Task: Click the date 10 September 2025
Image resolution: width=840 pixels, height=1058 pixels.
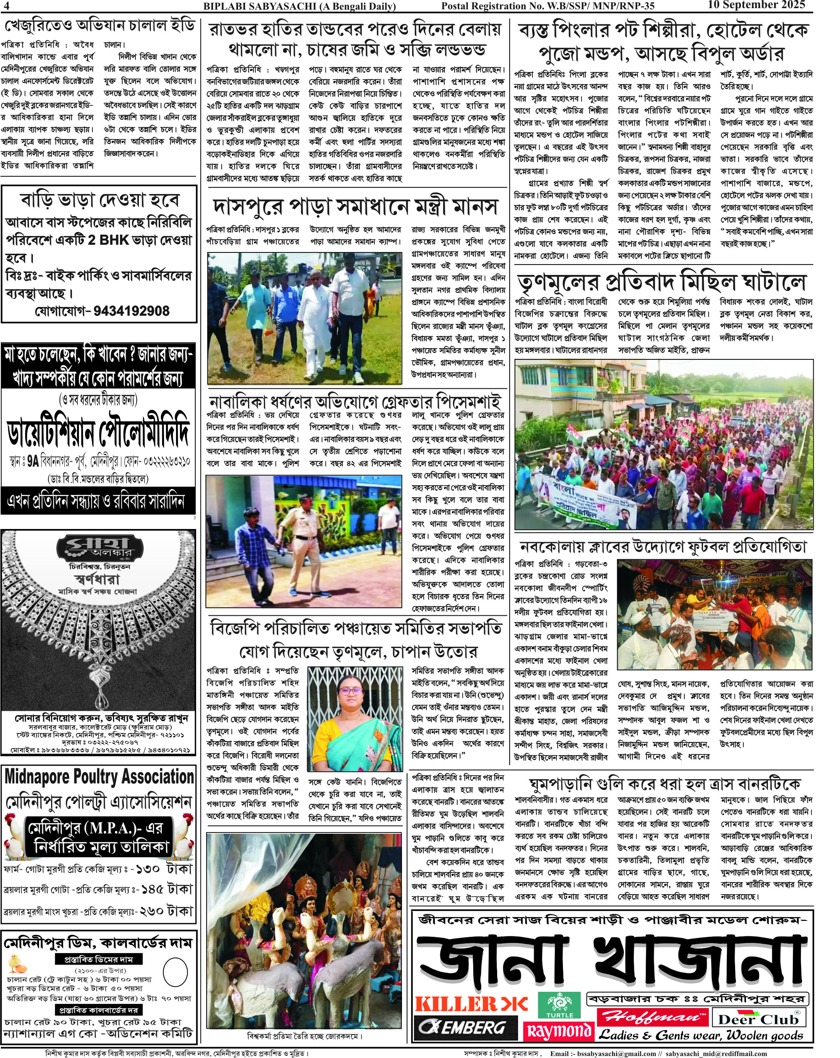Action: (756, 5)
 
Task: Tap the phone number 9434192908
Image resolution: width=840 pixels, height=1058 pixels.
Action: (132, 311)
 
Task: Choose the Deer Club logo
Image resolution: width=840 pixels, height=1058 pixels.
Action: (758, 1019)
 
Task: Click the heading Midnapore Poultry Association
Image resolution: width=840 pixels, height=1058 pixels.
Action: (99, 777)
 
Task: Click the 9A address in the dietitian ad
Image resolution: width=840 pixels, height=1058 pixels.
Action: (33, 461)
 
